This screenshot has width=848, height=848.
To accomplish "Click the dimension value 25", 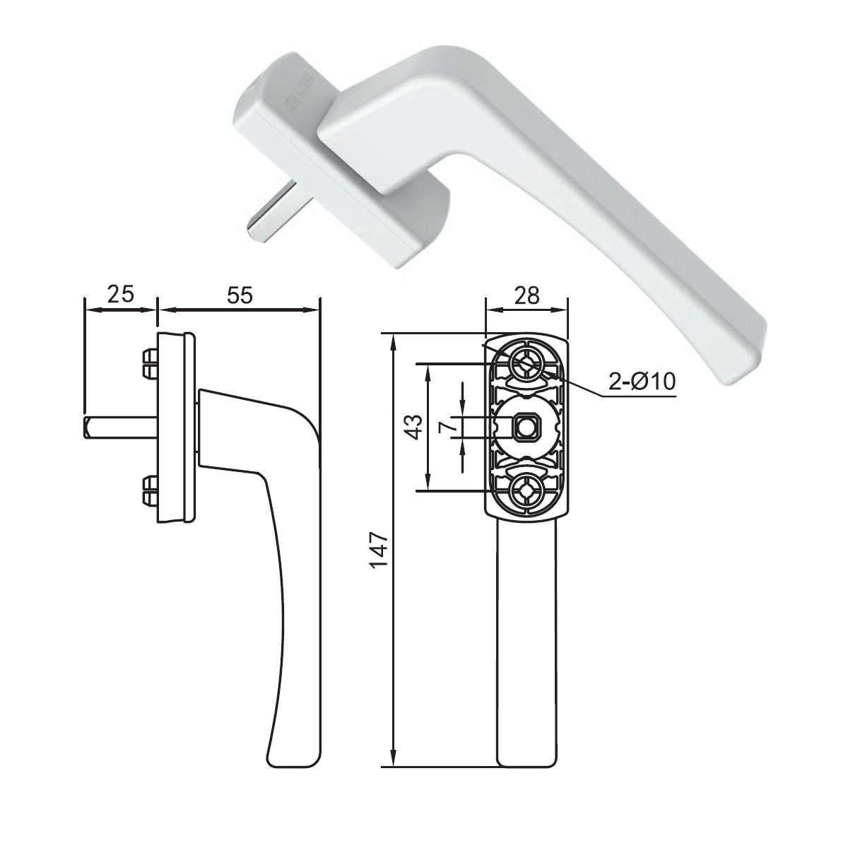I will click(120, 294).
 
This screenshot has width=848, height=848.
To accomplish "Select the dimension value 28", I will click(527, 294).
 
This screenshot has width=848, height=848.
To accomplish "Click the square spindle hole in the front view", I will click(525, 427).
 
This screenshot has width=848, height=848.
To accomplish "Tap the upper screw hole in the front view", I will click(526, 362).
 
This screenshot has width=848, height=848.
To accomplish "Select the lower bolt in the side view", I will click(149, 491).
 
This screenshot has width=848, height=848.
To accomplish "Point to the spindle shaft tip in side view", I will click(88, 427).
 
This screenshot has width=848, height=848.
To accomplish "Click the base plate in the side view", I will click(173, 428).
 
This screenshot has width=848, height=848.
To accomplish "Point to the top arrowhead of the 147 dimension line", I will click(393, 339).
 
